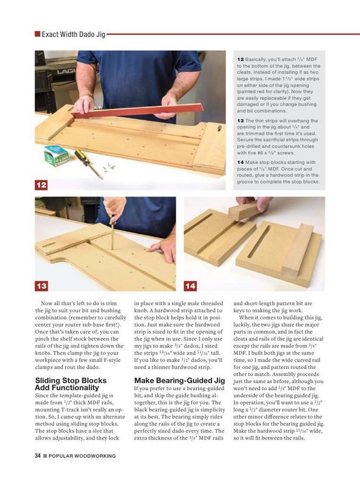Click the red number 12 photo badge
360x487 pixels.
coord(41,185)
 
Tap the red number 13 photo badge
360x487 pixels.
coord(41,286)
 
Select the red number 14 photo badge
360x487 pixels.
coord(190,286)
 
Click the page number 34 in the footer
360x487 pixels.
coord(37,456)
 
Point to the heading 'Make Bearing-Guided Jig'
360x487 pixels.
coord(179,381)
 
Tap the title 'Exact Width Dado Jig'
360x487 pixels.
coord(73,34)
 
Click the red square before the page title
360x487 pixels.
coord(37,34)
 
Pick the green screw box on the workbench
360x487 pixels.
coord(56,155)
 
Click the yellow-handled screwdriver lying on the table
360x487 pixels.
coord(88,163)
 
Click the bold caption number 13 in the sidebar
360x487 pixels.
coord(240,121)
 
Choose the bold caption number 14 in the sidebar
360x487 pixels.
coord(240,162)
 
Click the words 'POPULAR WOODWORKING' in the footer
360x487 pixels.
coord(82,456)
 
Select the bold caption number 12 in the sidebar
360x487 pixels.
coord(240,59)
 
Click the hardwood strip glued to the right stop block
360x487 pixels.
coord(298,247)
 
